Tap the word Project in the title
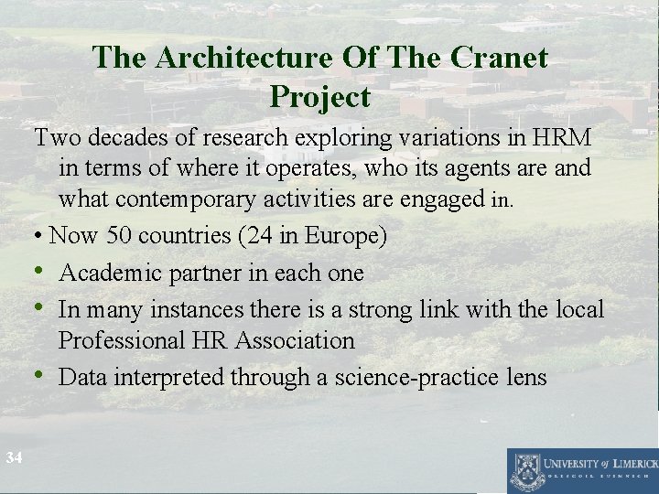[320, 97]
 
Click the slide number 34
[13, 456]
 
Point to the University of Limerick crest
[525, 470]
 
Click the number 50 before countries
[117, 236]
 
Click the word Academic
[109, 273]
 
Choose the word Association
[295, 340]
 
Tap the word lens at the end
[522, 377]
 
